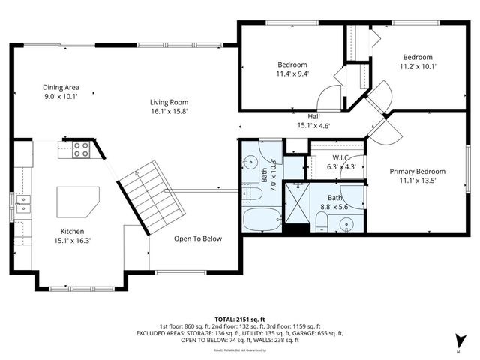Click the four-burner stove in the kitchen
[81, 149]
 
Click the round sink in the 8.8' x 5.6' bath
[346, 223]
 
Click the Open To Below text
[198, 238]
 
